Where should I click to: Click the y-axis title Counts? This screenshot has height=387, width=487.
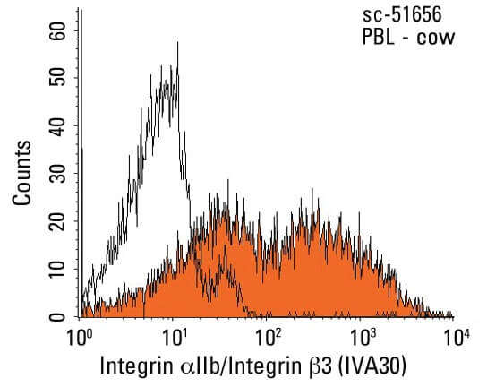pyautogui.click(x=23, y=172)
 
